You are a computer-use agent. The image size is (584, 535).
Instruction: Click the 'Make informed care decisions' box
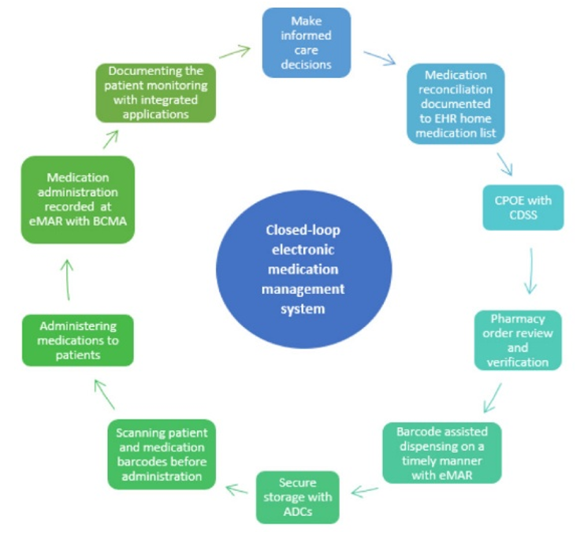(306, 43)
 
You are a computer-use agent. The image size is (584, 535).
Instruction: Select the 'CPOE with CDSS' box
(523, 207)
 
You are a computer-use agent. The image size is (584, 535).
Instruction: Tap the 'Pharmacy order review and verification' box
(518, 340)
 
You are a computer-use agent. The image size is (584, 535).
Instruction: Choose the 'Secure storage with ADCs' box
(298, 497)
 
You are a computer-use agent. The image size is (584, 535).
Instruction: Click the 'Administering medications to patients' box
(78, 340)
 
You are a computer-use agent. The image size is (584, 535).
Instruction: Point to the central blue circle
(303, 269)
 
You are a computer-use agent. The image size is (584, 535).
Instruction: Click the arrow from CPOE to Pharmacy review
(530, 271)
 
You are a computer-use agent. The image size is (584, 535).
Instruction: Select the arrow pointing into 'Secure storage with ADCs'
(365, 492)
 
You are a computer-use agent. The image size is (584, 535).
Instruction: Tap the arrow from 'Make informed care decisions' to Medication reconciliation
(380, 58)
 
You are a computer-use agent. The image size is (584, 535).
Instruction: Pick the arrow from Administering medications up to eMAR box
(68, 280)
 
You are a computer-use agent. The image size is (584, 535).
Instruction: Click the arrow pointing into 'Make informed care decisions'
(235, 51)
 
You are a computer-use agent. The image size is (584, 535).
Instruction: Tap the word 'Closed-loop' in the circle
(303, 230)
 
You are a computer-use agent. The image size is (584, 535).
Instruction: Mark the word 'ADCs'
(298, 511)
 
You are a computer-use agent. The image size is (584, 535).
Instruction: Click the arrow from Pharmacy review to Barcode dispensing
(493, 398)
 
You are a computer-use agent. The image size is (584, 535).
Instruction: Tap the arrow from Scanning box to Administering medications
(104, 395)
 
